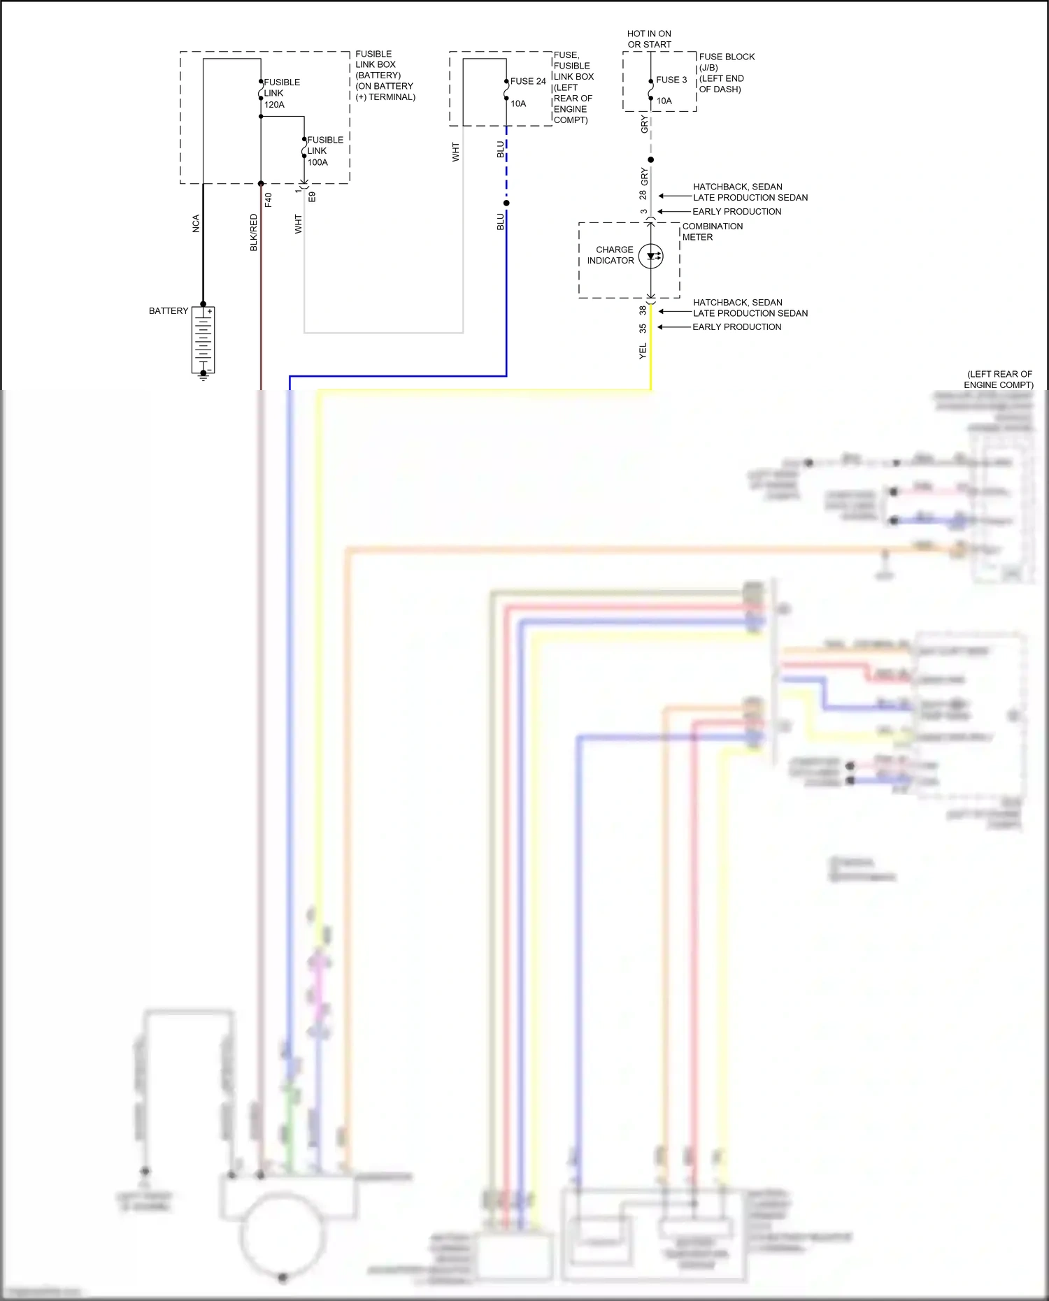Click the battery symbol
(203, 340)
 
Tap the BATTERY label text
(168, 311)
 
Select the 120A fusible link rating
(274, 105)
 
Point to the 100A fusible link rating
(317, 162)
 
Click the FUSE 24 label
(528, 81)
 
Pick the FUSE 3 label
(671, 80)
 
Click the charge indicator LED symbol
(651, 256)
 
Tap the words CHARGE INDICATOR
(611, 255)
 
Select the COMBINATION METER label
(712, 231)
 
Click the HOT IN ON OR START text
(649, 39)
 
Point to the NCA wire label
(196, 224)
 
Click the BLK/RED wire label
(254, 233)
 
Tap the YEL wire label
(643, 351)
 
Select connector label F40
(269, 199)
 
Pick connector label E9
(313, 197)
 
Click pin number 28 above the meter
(643, 195)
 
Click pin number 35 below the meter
(643, 328)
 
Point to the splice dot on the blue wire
(506, 203)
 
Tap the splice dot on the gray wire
(651, 159)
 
